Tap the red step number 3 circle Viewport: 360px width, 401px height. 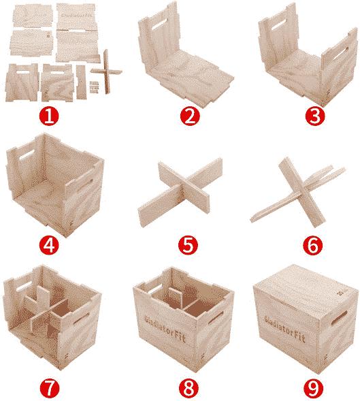313,115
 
